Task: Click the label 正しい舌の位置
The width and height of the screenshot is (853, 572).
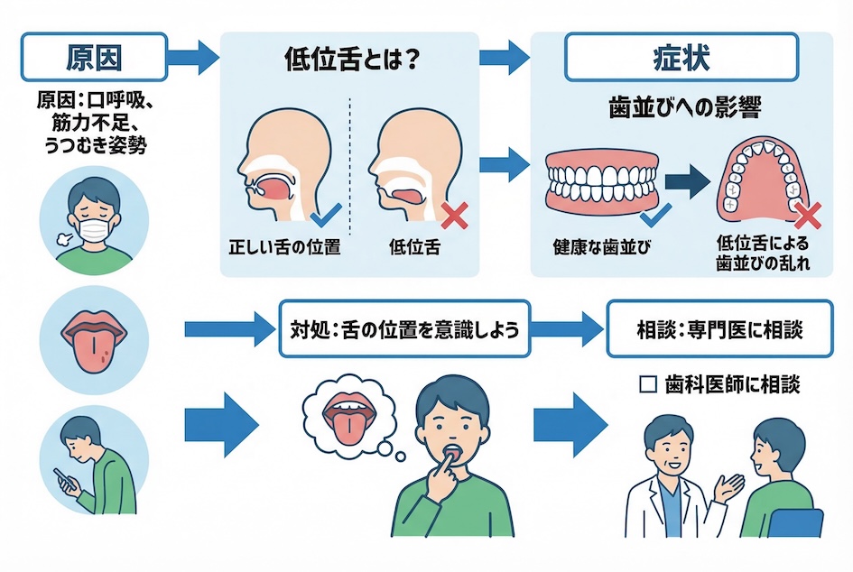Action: click(283, 245)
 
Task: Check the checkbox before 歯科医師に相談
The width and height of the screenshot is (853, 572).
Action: click(645, 384)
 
